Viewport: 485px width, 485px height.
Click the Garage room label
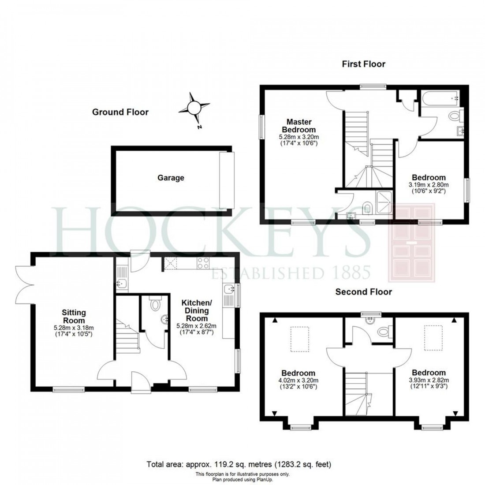[x=171, y=178]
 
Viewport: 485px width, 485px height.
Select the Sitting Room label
[x=74, y=317]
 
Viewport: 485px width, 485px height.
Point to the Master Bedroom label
[x=299, y=126]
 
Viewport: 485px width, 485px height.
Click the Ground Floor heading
[x=120, y=112]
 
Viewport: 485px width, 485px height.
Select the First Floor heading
[x=363, y=64]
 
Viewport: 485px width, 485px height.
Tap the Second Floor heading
[x=363, y=291]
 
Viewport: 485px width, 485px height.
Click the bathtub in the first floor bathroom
[x=439, y=99]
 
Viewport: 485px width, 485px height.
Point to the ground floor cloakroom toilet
[x=155, y=304]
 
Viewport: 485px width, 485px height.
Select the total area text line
[x=239, y=464]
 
